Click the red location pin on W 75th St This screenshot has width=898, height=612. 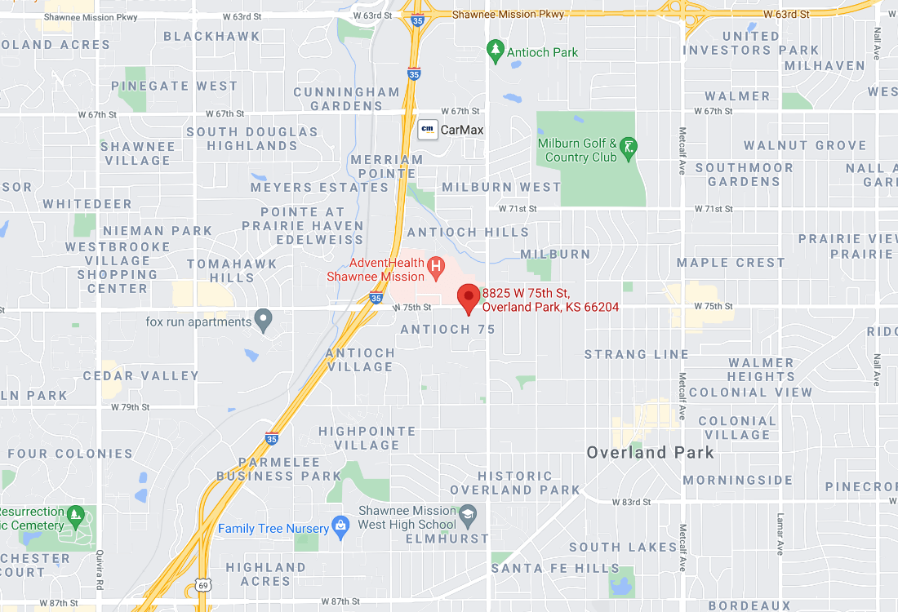tap(469, 298)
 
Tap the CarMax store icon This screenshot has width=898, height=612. tap(427, 129)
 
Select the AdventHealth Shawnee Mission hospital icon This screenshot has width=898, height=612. tap(437, 266)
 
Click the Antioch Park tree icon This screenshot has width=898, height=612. tap(495, 51)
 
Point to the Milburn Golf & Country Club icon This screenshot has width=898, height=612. tap(629, 148)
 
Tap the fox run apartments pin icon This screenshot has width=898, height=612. tap(263, 320)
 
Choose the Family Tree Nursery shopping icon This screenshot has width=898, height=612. tap(340, 527)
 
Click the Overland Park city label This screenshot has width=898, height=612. tap(650, 452)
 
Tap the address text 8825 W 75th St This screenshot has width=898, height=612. tap(526, 293)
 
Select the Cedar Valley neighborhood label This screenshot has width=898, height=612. tap(141, 376)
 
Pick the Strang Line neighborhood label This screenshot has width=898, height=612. tap(637, 354)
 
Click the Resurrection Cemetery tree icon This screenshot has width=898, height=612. tap(76, 515)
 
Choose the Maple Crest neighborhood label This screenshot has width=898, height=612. tap(731, 263)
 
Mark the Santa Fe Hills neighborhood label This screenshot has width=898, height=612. tap(555, 568)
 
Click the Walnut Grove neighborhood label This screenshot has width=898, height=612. tap(805, 145)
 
